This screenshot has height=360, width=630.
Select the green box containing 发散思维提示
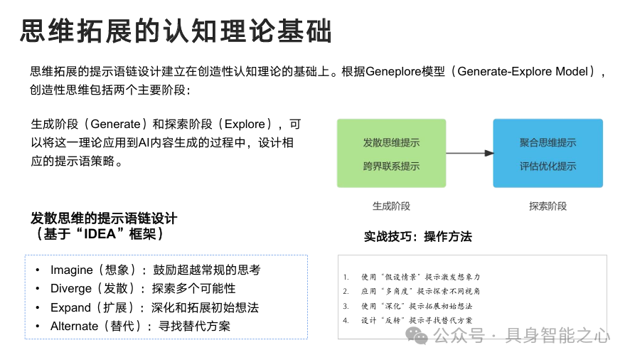(391, 153)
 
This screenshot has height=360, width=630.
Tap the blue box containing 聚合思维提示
(548, 153)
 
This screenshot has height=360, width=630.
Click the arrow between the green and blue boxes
(469, 153)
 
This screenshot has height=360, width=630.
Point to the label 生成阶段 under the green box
(391, 206)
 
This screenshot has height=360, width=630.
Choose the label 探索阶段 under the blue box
(548, 206)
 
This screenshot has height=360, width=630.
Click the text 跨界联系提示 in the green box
(391, 166)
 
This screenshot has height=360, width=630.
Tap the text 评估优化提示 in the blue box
(548, 166)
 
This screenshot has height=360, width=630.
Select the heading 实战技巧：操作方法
(417, 236)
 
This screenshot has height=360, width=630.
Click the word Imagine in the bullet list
(71, 270)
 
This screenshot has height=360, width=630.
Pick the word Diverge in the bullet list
(71, 289)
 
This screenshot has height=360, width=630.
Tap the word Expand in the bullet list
(70, 307)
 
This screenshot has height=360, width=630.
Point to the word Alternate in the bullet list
(74, 326)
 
